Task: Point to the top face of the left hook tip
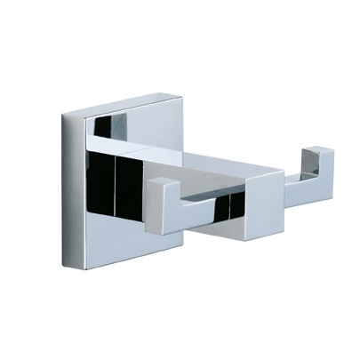click(x=160, y=181)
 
